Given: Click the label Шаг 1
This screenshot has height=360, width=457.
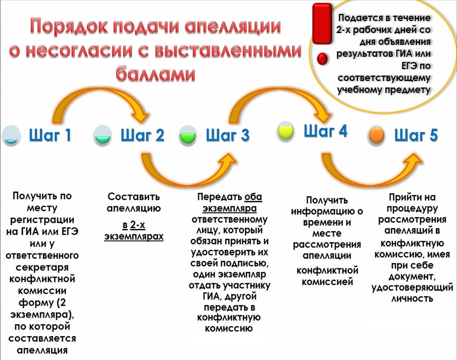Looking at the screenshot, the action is point(50,135).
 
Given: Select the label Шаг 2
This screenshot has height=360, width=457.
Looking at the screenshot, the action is point(142,135).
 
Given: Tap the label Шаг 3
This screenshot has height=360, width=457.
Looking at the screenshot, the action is point(228,135).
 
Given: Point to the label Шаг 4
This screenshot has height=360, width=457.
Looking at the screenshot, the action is point(326,130).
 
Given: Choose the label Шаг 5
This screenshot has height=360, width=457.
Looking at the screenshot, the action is point(416,135).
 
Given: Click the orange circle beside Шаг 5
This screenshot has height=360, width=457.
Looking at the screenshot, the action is point(376,135).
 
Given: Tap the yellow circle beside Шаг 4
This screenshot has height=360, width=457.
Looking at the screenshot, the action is point(286,131).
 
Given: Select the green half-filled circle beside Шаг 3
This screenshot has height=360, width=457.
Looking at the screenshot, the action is point(188,135).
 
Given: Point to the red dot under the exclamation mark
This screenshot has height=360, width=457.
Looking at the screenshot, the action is point(322,59).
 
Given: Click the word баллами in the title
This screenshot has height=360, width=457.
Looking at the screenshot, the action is point(155,74).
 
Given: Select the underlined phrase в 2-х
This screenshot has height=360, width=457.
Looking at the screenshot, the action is point(134,225).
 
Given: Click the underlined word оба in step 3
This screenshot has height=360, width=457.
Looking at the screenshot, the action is point(253,197).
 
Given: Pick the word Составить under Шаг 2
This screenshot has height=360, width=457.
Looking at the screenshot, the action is point(133,197).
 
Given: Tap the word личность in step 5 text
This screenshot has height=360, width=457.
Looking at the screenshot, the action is point(412,298).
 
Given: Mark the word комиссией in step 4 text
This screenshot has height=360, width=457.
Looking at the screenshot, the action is point(327,282).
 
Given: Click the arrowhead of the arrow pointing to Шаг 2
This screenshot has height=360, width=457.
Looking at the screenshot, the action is point(140,116).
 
